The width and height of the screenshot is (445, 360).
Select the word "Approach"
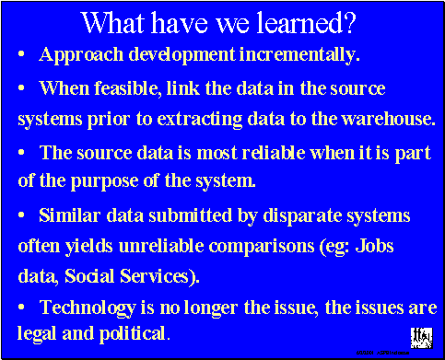click(79, 55)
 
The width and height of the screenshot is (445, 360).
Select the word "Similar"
click(68, 215)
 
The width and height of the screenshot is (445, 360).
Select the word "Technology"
click(88, 308)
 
